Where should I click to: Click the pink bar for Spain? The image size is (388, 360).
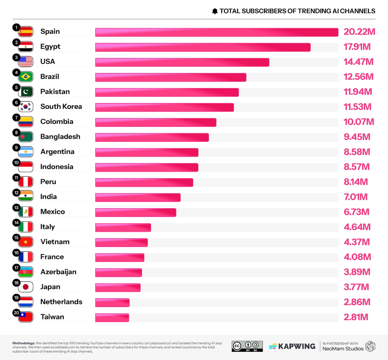[x=217, y=32]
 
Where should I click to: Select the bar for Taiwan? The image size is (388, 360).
[x=112, y=318]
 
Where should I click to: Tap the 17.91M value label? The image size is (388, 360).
[x=357, y=47]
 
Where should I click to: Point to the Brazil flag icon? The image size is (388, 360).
[x=26, y=77]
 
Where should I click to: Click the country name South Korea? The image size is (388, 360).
[x=61, y=106]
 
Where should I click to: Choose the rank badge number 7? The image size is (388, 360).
[x=16, y=118]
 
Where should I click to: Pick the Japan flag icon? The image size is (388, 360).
[x=26, y=287]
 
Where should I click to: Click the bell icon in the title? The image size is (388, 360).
[x=215, y=11]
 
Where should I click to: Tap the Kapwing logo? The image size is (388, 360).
[x=292, y=346]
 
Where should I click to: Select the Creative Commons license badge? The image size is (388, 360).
[x=247, y=346]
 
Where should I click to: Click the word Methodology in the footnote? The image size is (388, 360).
[x=24, y=343]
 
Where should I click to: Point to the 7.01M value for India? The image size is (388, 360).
[x=355, y=197]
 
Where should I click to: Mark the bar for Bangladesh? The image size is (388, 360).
[x=152, y=137]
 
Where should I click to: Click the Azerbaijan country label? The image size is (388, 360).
[x=58, y=272]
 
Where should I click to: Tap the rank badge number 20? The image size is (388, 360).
[x=16, y=313]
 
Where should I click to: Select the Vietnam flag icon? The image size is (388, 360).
[x=26, y=242]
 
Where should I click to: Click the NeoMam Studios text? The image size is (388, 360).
[x=343, y=349]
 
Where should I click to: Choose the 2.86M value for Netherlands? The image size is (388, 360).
[x=357, y=302]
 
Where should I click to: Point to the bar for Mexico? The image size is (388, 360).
[x=135, y=212]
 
